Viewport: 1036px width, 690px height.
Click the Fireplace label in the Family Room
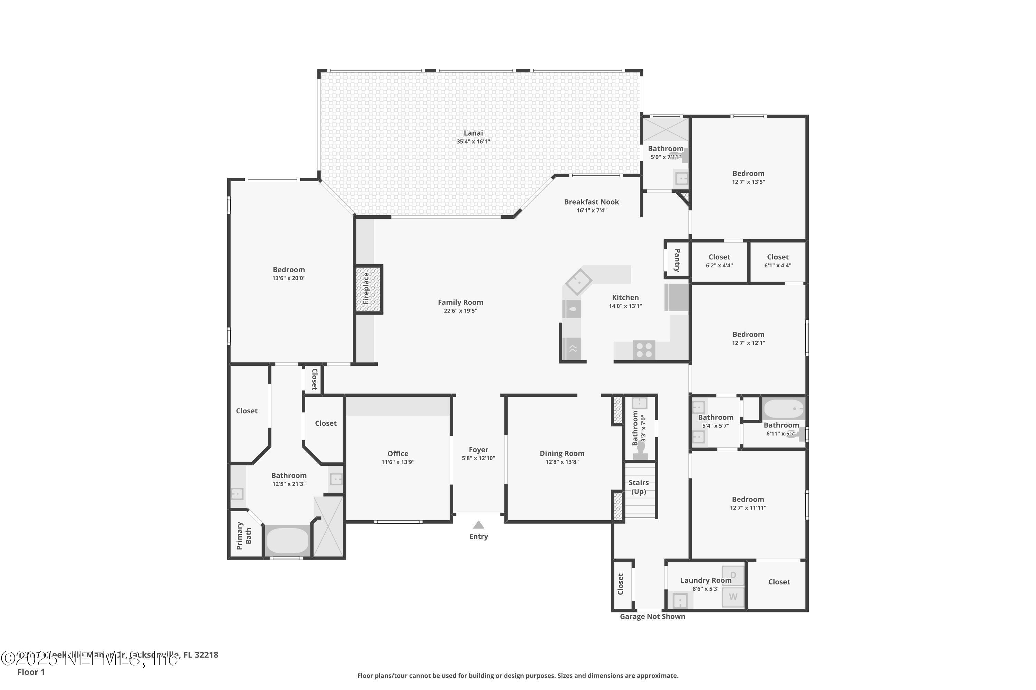(x=366, y=289)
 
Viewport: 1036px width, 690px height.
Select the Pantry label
(x=677, y=260)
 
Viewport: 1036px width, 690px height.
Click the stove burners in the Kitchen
(x=644, y=350)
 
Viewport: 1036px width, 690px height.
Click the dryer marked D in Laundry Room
(x=733, y=575)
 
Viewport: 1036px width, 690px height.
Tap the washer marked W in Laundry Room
(x=733, y=597)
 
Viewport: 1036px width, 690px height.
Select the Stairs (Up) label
(x=639, y=487)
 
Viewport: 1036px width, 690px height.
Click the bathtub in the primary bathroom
(x=288, y=540)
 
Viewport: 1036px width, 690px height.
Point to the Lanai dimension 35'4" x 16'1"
(x=473, y=142)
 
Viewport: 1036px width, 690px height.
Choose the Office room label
(x=398, y=454)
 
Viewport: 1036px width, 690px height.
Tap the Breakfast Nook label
(x=592, y=202)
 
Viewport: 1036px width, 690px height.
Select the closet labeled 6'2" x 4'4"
(x=719, y=261)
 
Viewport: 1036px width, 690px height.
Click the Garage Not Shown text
(x=652, y=617)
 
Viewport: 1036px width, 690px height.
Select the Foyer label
(x=478, y=450)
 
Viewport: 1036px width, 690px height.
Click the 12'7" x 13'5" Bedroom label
(x=748, y=174)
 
